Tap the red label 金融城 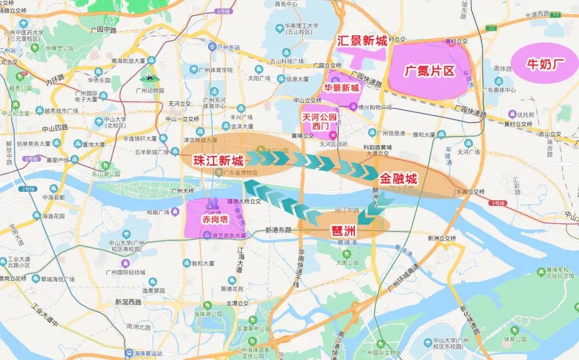(398, 179)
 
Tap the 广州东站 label (229, 48)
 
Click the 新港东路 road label (278, 230)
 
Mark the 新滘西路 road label (128, 302)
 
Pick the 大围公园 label (347, 263)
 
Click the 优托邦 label (525, 115)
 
